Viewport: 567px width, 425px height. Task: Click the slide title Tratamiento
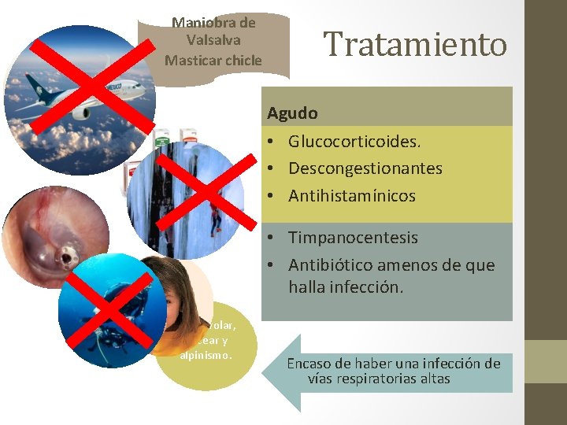click(416, 44)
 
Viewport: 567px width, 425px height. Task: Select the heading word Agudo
click(292, 113)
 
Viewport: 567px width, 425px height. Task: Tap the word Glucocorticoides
click(354, 142)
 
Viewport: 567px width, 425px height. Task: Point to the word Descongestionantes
click(365, 168)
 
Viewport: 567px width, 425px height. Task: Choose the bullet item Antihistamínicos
click(351, 195)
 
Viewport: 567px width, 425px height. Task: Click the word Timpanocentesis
click(353, 238)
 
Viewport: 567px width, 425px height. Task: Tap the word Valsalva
click(214, 40)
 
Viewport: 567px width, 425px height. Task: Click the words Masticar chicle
click(213, 60)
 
